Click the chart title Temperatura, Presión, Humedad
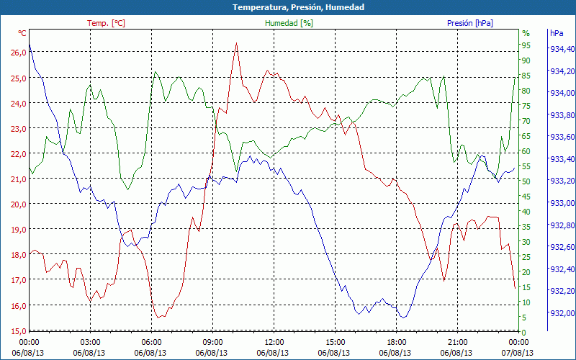click(288, 7)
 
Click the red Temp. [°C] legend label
click(106, 23)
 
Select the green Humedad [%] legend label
click(289, 23)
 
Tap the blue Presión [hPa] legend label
click(470, 23)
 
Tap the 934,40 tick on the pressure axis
click(562, 49)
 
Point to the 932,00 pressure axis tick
click(562, 312)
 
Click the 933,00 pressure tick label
click(562, 203)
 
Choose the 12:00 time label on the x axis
click(274, 342)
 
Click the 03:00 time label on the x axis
click(90, 342)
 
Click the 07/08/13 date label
click(518, 353)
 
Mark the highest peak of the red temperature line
click(235, 43)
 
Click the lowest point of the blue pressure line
click(403, 318)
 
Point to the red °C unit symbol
click(22, 33)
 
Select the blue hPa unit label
click(557, 33)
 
